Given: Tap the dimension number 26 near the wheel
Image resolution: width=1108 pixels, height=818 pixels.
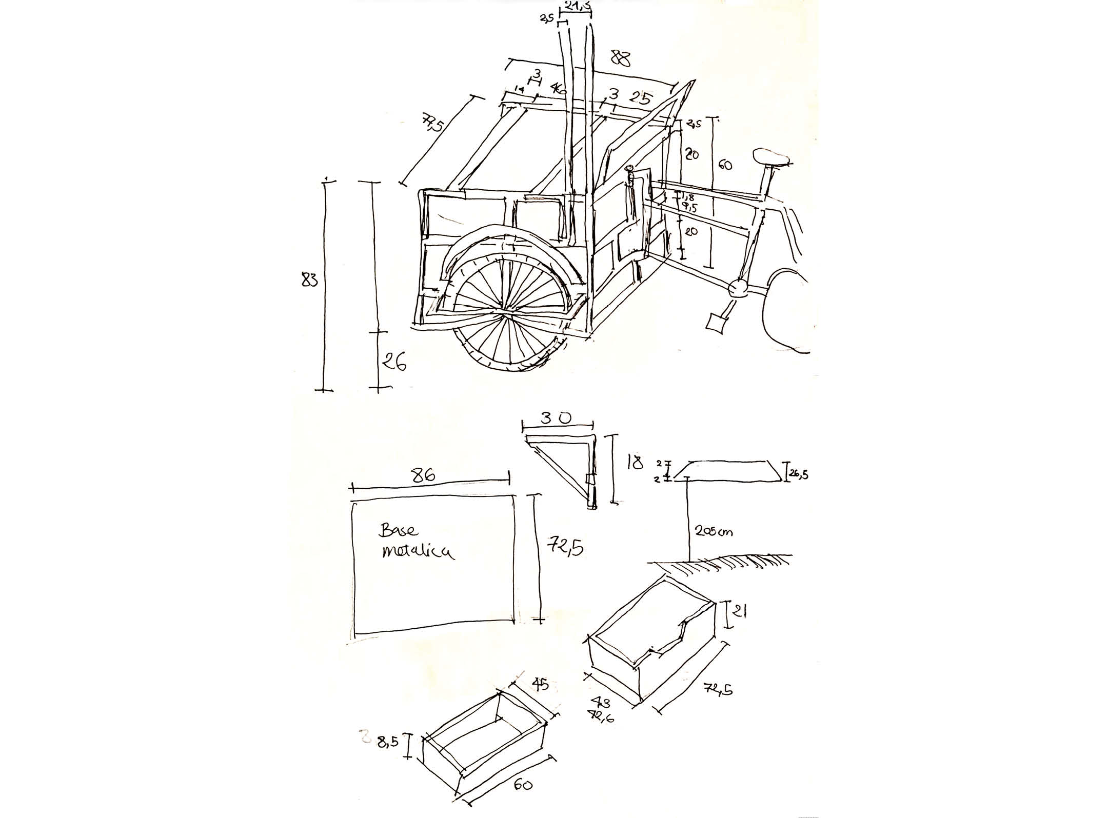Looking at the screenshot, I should pyautogui.click(x=393, y=363).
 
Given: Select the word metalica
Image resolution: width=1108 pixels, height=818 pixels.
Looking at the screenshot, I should pyautogui.click(x=417, y=552).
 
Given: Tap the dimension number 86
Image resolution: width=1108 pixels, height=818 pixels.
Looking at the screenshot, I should pyautogui.click(x=424, y=474).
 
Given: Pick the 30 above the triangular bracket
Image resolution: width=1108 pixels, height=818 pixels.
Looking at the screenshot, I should pyautogui.click(x=556, y=418).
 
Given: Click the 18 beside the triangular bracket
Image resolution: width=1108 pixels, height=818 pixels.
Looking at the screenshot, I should pyautogui.click(x=634, y=463).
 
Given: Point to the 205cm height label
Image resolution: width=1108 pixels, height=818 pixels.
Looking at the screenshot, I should pyautogui.click(x=714, y=531).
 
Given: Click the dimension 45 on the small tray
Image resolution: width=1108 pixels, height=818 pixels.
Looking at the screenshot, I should pyautogui.click(x=540, y=684).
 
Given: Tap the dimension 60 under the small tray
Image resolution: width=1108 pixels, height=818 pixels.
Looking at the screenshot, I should pyautogui.click(x=522, y=784).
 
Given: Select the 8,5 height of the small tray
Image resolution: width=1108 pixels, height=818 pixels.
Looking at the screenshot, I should pyautogui.click(x=388, y=742).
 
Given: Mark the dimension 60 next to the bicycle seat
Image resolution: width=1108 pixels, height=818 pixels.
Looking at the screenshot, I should pyautogui.click(x=724, y=165).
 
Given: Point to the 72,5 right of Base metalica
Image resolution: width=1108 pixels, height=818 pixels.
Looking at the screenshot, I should pyautogui.click(x=566, y=548).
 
